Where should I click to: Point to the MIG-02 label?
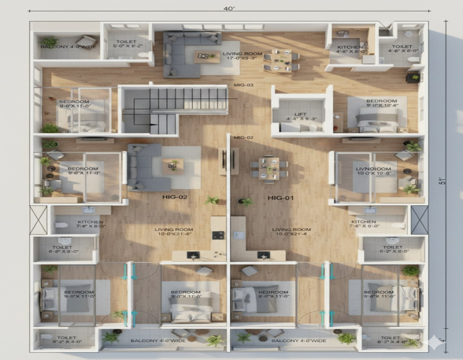[243, 138]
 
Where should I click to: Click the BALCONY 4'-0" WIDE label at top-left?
[60, 47]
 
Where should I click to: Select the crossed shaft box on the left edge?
[38, 220]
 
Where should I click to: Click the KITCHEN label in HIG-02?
[90, 224]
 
